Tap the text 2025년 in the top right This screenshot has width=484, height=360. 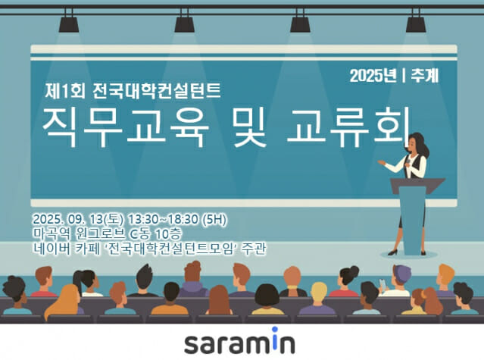[374, 75]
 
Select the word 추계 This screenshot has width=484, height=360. [426, 75]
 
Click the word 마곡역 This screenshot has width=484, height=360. [49, 233]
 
